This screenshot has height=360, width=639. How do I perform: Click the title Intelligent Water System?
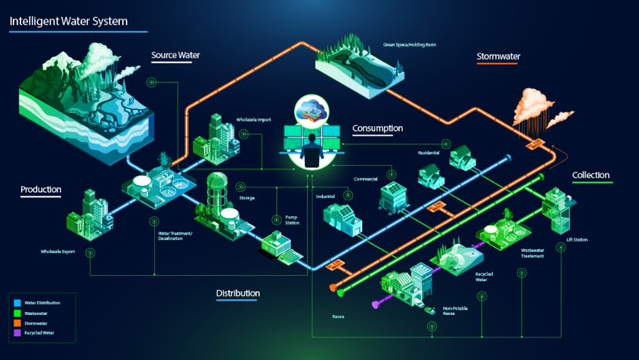[x=69, y=21]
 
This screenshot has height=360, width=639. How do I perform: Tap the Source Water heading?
[x=176, y=56]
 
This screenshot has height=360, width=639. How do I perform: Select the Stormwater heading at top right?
[x=498, y=57]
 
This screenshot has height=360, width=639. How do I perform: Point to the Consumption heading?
[x=378, y=129]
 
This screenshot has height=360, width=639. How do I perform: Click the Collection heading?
[x=591, y=176]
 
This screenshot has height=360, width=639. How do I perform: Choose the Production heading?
[x=41, y=190]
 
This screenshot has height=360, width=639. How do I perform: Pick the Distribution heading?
[x=237, y=293]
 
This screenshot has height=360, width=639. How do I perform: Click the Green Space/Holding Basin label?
[x=410, y=45]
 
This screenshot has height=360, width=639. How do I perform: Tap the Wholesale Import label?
[x=254, y=120]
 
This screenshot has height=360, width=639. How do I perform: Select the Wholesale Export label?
[x=58, y=252]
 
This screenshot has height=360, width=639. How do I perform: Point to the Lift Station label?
[x=576, y=240]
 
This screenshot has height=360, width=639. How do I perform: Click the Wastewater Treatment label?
[x=532, y=253]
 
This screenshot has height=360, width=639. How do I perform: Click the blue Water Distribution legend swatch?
[x=18, y=303]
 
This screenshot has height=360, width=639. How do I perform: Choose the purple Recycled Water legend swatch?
[x=18, y=333]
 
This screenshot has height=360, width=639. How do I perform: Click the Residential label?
[x=429, y=153]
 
